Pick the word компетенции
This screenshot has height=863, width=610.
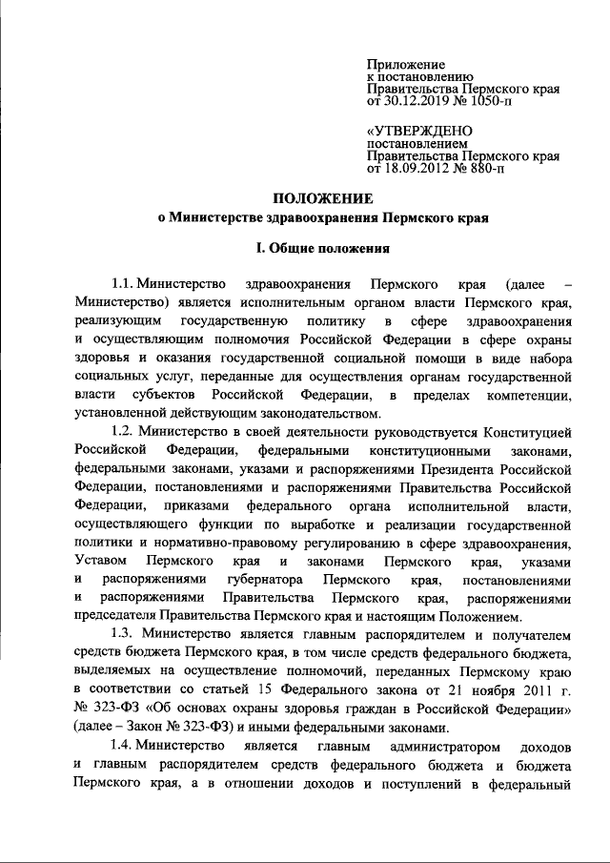528,396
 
